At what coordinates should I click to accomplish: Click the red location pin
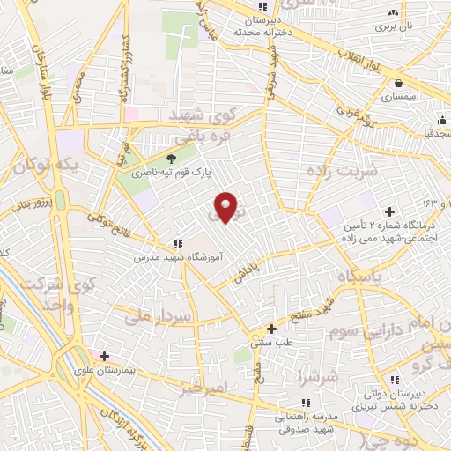coord(226,207)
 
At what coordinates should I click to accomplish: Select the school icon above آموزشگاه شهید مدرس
coord(178,244)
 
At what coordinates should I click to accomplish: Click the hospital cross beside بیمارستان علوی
coord(105,357)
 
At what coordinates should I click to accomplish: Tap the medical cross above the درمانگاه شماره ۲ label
coord(389,212)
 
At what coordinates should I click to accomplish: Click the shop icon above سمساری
coord(399,83)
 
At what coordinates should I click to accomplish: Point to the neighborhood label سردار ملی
coord(158,315)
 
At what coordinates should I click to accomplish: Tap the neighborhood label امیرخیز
coord(202,388)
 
